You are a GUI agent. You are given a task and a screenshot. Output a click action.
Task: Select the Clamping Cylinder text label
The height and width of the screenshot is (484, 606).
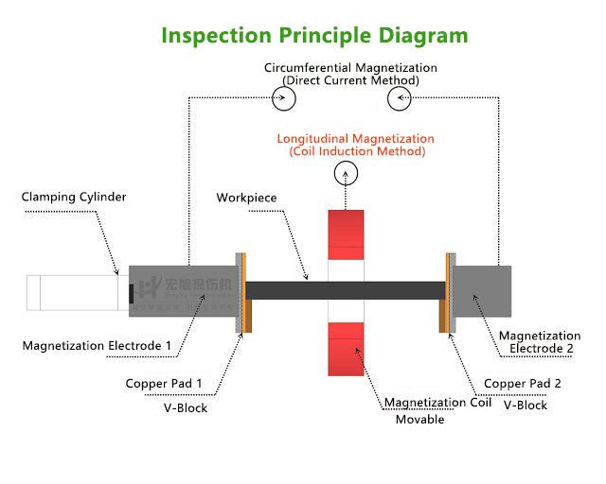tap(74, 197)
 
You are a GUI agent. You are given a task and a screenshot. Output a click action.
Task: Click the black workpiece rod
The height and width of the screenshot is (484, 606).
tap(284, 290)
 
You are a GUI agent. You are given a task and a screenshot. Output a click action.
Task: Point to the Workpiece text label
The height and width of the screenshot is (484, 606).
tap(246, 198)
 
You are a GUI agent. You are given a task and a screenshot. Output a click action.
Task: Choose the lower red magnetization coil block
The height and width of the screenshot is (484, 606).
tap(346, 347)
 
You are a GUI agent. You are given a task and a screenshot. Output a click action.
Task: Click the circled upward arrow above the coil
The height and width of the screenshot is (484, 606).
tap(347, 173)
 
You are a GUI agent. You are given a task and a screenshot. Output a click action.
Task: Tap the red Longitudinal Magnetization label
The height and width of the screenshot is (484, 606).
tap(356, 145)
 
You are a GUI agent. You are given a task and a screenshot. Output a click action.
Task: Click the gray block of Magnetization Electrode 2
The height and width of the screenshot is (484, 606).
tap(485, 291)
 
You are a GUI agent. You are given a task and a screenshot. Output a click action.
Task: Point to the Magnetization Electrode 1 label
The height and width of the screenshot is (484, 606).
tap(97, 346)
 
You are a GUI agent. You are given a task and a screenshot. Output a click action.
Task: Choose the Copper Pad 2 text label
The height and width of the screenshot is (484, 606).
tap(523, 384)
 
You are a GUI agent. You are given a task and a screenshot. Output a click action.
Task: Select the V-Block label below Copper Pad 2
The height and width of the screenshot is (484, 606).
tap(525, 405)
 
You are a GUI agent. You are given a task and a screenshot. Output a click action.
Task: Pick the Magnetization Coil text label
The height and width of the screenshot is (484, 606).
tap(437, 402)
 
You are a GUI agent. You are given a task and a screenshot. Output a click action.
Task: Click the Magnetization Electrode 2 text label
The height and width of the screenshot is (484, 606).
tap(540, 342)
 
